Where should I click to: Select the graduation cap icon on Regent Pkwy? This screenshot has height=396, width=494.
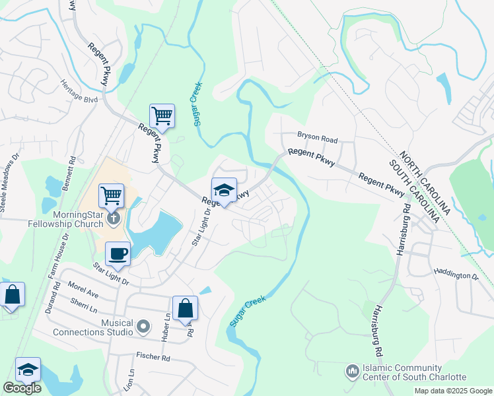(224, 191)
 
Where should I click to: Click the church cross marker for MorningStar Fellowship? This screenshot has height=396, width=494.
(114, 218)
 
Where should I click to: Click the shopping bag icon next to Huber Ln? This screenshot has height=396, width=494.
(185, 308)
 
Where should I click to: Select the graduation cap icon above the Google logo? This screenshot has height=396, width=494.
(28, 370)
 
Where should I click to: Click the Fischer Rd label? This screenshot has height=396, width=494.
(153, 358)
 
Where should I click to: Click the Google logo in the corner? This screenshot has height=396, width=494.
(22, 388)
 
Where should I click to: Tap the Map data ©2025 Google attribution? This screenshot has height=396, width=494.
(452, 391)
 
